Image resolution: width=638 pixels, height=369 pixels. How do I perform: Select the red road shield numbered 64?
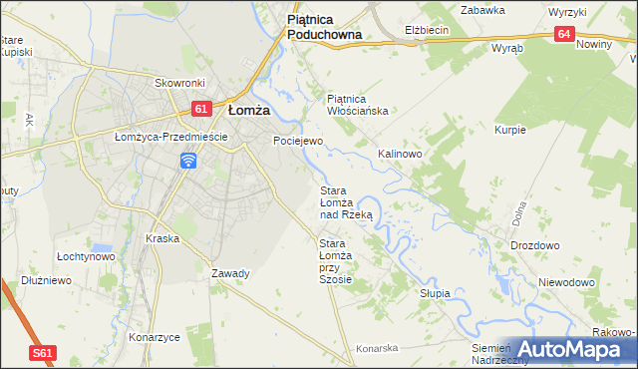566,34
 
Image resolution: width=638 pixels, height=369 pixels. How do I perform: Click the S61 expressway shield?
42,353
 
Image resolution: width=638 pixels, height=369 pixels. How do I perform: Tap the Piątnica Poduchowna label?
323,26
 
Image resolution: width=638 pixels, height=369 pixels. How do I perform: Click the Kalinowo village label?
400,155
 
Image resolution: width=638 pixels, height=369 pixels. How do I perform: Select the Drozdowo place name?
534,245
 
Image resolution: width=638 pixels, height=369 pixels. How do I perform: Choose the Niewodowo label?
566,282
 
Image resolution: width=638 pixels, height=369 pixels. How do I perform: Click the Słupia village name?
435,293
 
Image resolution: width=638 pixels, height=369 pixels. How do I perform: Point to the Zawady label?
230,273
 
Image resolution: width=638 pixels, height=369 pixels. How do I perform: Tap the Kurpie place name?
509,131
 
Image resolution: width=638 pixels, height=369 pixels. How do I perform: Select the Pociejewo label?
298,142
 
